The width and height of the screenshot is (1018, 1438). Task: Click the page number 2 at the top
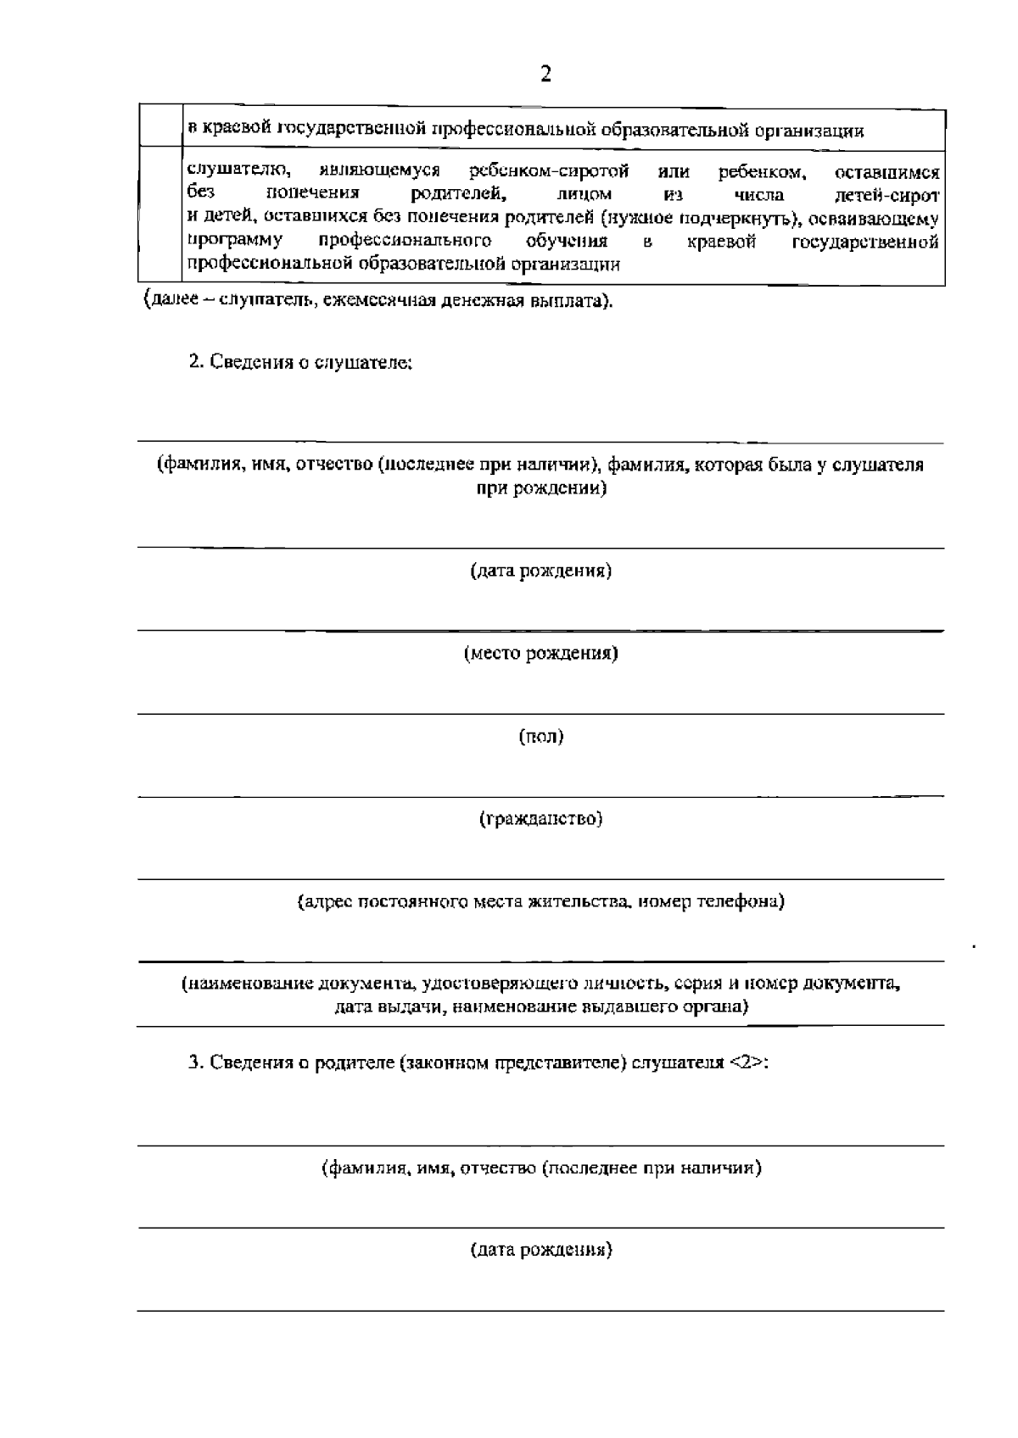[545, 75]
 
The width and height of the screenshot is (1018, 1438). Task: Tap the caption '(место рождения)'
[540, 653]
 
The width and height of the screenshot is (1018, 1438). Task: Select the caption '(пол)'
[540, 736]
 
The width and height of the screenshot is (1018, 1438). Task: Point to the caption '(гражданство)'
[540, 819]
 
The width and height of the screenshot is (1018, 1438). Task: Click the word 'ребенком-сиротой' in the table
[549, 173]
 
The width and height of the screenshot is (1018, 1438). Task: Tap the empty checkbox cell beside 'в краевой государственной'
[160, 127]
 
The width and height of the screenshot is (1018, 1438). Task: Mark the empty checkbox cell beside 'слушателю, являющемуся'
[160, 217]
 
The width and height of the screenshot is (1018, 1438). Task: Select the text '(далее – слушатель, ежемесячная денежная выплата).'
[378, 301]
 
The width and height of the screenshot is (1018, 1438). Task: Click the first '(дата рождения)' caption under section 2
[540, 571]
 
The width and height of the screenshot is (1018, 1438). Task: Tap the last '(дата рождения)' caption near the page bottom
[540, 1250]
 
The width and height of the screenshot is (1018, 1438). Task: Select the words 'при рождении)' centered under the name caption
[540, 489]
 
